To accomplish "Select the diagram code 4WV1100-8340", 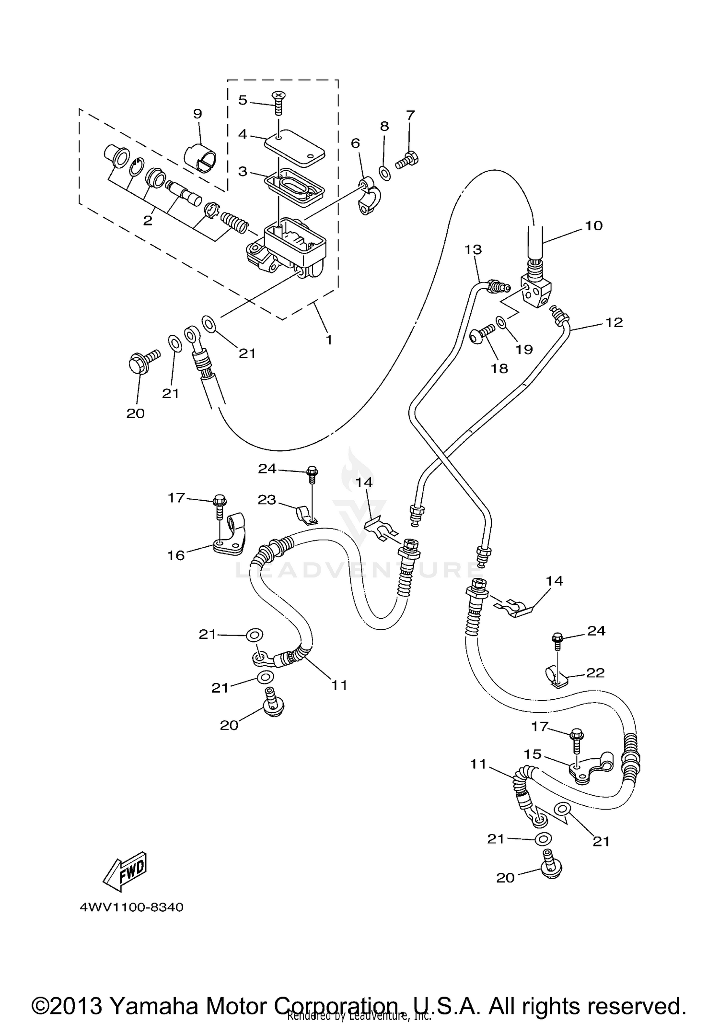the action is click(132, 907).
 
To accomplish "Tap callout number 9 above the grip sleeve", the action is click(197, 114).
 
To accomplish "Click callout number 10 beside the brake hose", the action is click(593, 225).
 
